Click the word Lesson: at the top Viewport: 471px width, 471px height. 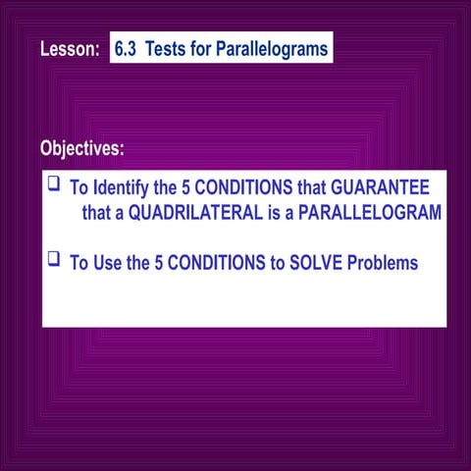[x=69, y=49]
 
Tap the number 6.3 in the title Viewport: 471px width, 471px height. [x=128, y=49]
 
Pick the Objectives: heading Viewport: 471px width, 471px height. [x=82, y=149]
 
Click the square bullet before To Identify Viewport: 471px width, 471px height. [x=54, y=183]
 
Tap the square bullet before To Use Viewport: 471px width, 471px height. [x=54, y=260]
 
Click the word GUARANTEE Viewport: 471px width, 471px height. [x=381, y=186]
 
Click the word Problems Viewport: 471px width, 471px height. [x=370, y=264]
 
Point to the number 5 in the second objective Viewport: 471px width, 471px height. [x=159, y=264]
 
